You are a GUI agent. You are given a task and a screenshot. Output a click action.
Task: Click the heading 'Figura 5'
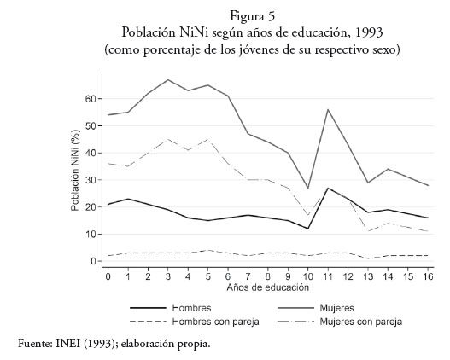click(252, 16)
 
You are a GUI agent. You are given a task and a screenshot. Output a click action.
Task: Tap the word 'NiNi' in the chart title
click(196, 32)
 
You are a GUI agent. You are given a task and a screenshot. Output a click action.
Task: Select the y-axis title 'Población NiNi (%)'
click(75, 171)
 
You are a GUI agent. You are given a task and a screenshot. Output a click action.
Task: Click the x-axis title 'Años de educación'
click(268, 287)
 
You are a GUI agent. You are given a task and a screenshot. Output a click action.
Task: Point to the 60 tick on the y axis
click(91, 99)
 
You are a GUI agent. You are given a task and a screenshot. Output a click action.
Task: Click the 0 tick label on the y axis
click(94, 261)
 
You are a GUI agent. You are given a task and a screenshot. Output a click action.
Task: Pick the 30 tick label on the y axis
click(91, 180)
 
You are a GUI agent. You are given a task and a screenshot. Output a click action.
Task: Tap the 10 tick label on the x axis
click(308, 276)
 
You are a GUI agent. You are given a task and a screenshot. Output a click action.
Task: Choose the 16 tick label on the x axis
click(428, 276)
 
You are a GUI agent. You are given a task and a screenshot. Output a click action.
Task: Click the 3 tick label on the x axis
click(168, 276)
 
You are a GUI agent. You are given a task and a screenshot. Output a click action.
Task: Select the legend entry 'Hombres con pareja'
click(215, 322)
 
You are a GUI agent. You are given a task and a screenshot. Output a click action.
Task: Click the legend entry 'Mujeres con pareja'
click(360, 322)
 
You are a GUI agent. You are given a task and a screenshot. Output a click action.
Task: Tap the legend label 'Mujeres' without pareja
click(337, 308)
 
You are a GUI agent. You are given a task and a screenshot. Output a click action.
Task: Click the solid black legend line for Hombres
click(148, 308)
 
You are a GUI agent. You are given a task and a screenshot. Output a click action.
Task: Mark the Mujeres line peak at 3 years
click(168, 79)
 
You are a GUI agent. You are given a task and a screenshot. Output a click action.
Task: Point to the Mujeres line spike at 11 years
click(328, 109)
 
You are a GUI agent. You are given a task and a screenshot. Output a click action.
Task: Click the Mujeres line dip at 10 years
click(308, 188)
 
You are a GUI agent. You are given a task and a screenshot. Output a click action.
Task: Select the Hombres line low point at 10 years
click(308, 229)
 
